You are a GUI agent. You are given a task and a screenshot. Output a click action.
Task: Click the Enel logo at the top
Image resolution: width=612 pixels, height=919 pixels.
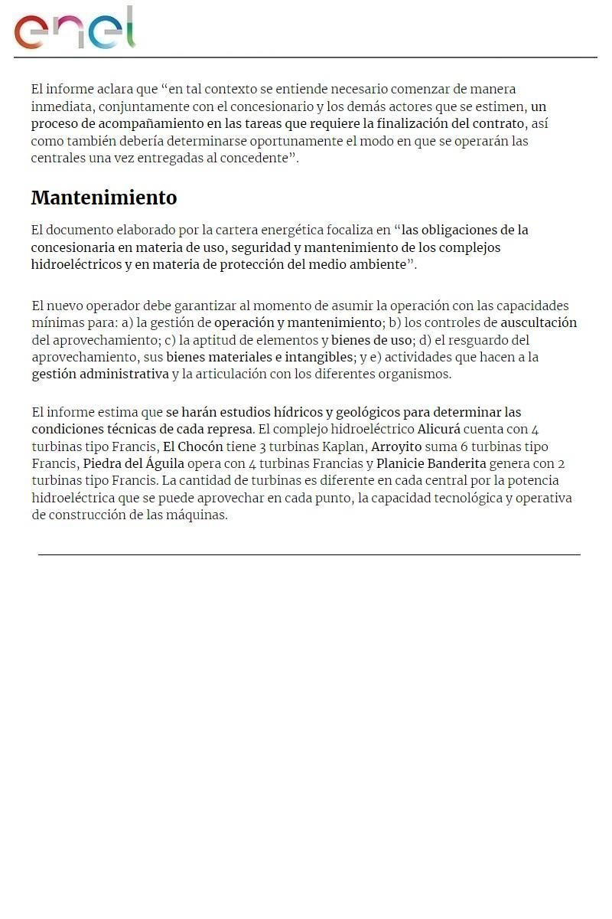[74, 29]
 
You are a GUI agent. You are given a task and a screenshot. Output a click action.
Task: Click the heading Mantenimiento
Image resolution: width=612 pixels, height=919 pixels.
[104, 198]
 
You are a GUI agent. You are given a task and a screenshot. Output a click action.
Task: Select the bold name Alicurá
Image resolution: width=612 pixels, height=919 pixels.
[440, 429]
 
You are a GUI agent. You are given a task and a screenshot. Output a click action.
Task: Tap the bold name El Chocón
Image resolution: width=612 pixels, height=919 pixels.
[193, 446]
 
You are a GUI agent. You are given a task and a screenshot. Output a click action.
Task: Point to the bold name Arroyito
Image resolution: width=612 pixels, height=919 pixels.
[396, 446]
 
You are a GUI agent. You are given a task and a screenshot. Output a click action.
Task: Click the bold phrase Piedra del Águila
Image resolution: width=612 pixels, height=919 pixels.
[134, 463]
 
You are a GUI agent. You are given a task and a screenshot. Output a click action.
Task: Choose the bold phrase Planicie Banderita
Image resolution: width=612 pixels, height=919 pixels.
[431, 463]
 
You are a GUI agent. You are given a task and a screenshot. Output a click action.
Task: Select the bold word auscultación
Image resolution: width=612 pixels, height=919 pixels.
[539, 322]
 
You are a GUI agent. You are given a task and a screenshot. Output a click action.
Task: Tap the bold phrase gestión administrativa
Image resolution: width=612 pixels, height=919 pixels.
[100, 374]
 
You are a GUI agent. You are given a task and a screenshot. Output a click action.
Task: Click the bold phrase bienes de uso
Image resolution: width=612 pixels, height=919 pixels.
[371, 339]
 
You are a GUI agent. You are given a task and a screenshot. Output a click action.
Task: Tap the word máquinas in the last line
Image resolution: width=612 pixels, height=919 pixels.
[200, 515]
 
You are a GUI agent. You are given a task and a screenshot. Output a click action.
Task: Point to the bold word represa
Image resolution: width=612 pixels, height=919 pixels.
[229, 429]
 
